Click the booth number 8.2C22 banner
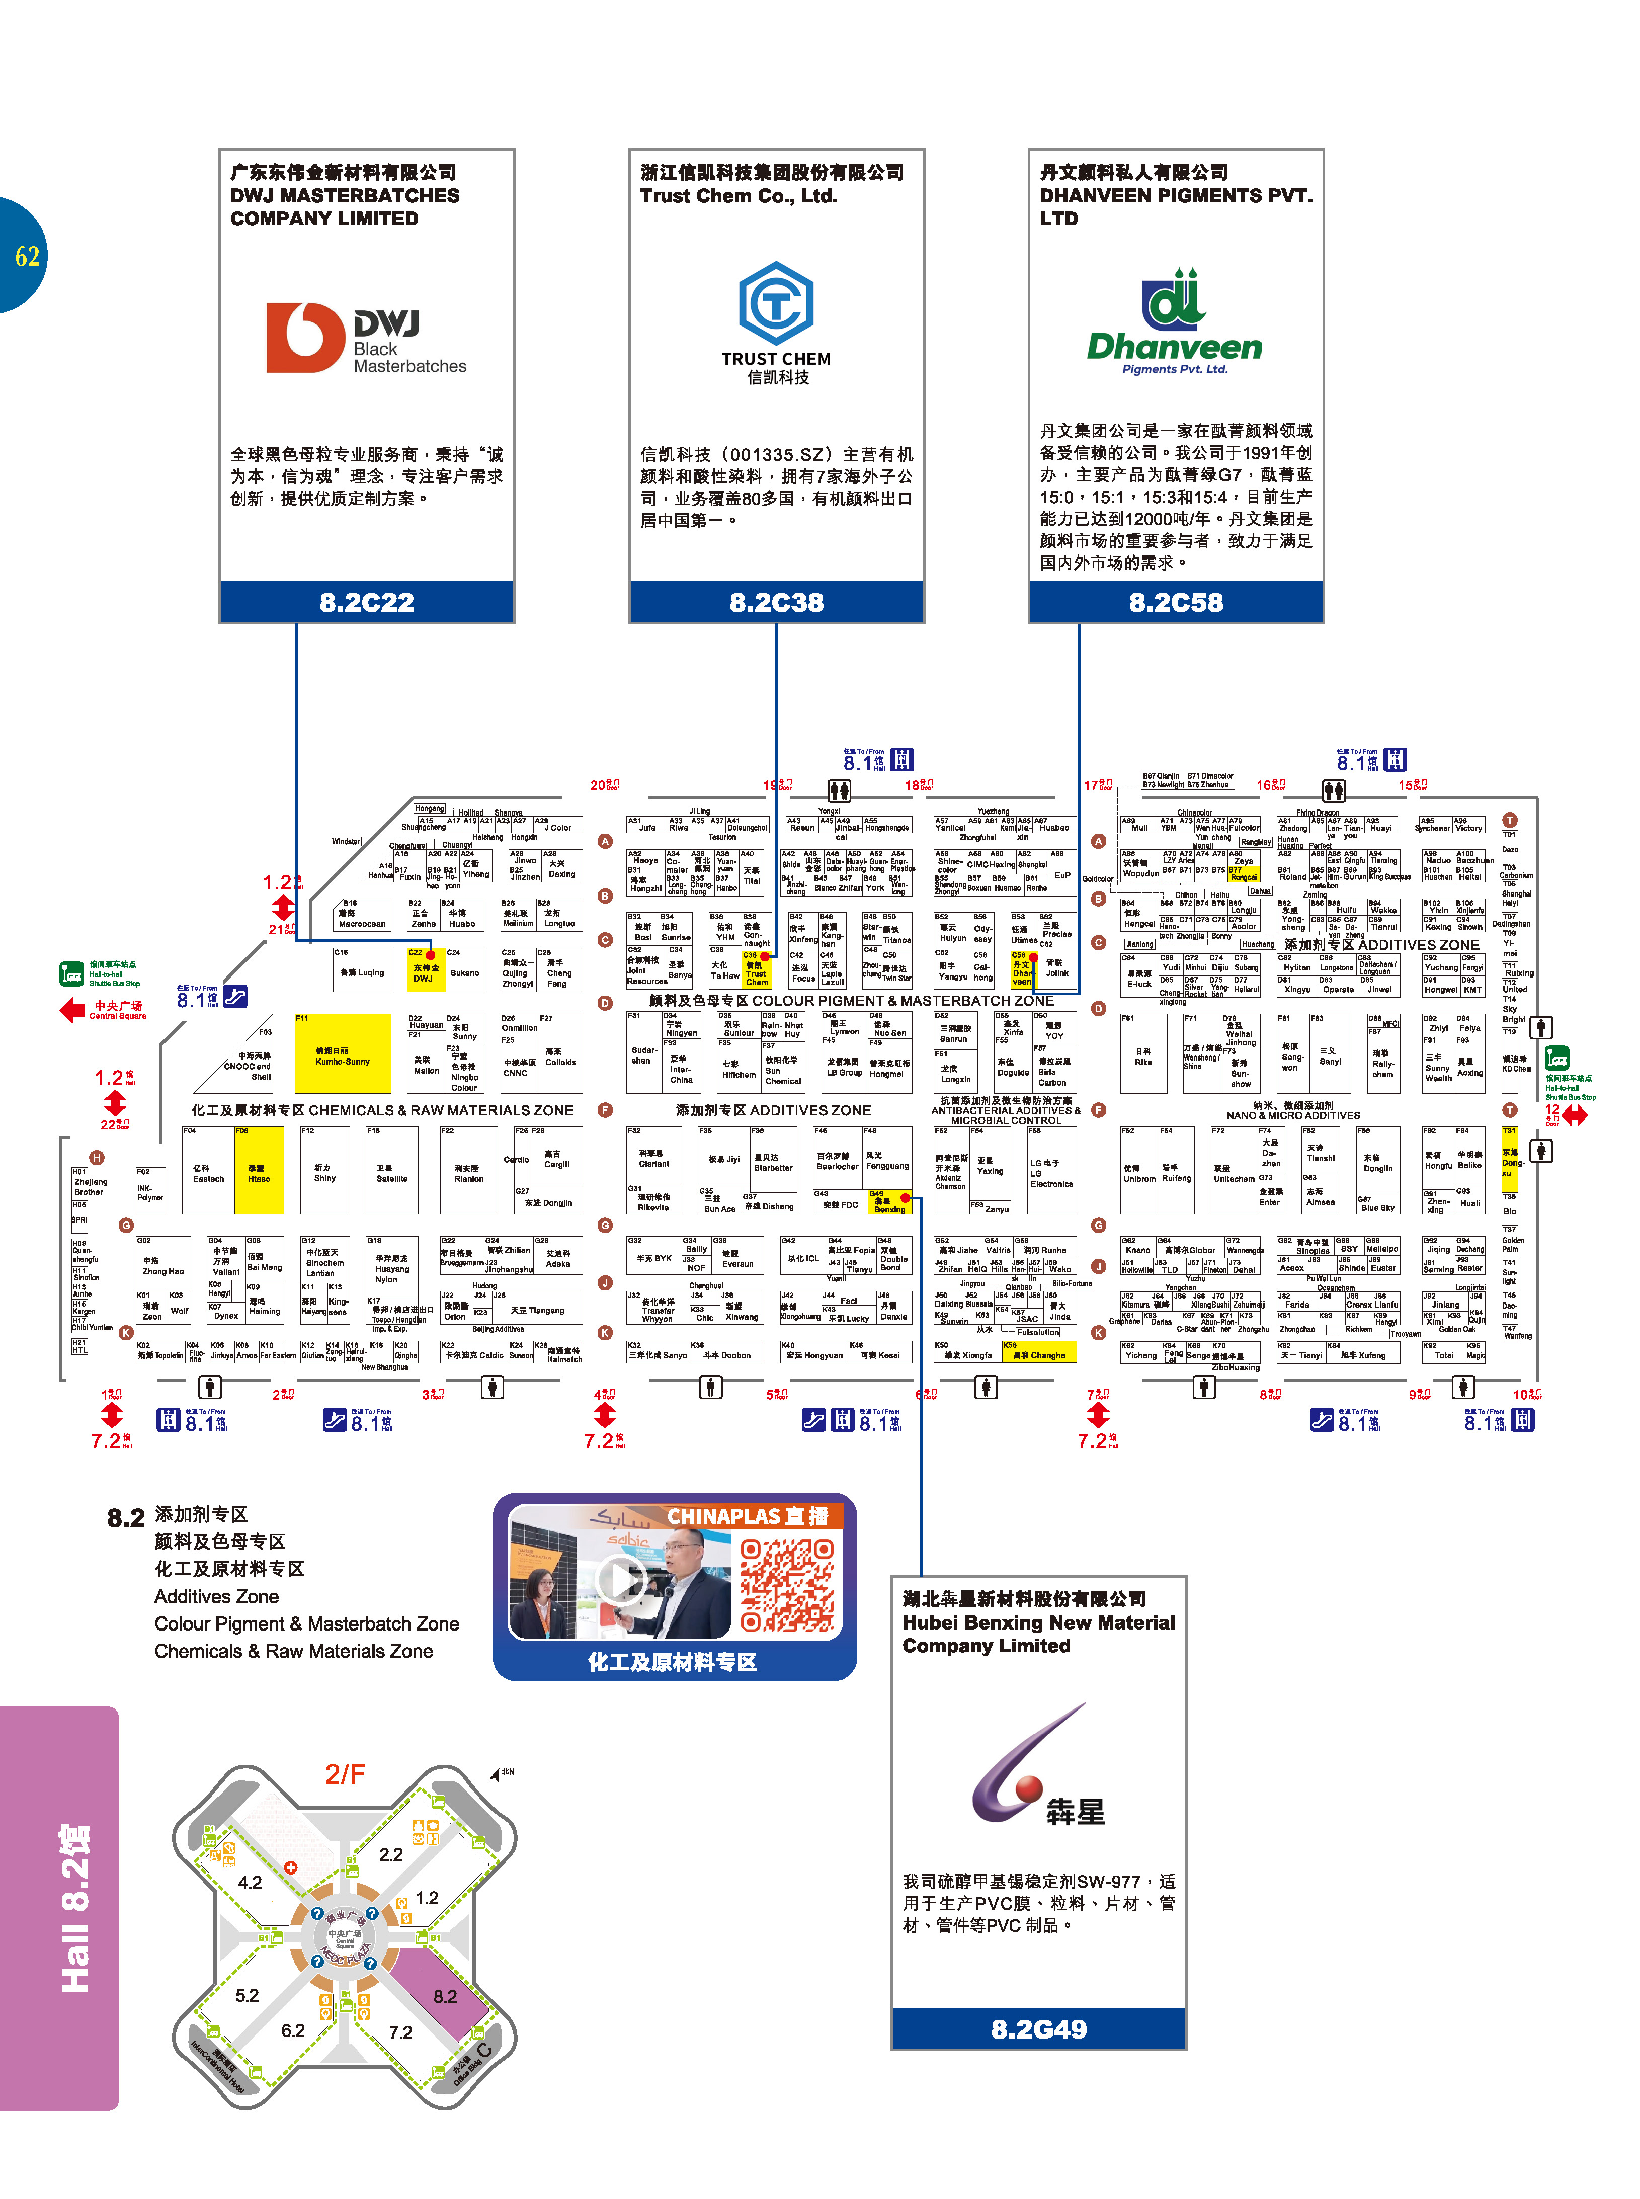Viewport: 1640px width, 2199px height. (366, 602)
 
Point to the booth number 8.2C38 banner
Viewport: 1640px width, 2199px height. (776, 602)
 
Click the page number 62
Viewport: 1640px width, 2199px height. (27, 256)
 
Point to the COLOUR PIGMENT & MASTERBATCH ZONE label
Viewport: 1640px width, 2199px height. (851, 1001)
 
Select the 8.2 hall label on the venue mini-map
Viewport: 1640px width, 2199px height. (445, 1995)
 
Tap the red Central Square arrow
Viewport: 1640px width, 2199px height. (73, 1011)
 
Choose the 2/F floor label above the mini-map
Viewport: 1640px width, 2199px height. (345, 1773)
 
